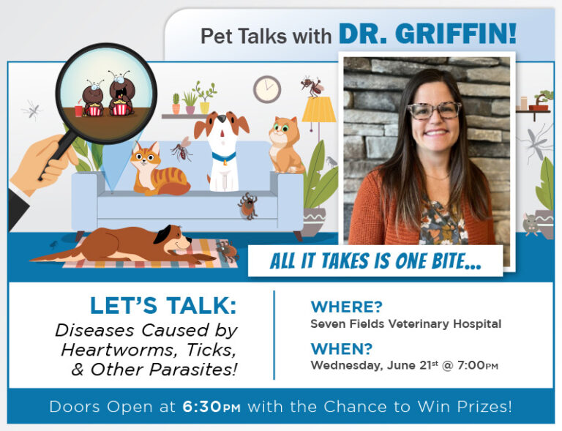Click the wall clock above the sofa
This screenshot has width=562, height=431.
[267, 89]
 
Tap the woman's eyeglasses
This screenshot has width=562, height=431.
[434, 110]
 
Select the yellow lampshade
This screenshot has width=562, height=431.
[318, 109]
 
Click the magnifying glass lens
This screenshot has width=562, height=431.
[106, 94]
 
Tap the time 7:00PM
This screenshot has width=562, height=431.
[476, 365]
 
